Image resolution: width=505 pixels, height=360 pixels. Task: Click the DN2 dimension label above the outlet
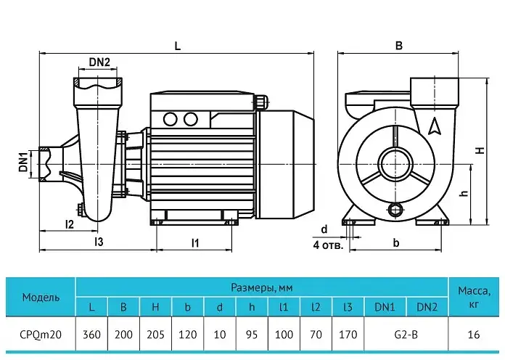click(99, 62)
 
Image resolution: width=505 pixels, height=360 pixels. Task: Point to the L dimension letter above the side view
click(178, 46)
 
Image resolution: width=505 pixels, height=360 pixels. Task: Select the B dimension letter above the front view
click(399, 46)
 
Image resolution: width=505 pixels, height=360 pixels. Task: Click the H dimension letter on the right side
click(480, 150)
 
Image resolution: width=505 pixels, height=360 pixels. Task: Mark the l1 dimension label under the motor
click(195, 242)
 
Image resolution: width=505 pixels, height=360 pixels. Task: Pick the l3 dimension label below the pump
click(99, 242)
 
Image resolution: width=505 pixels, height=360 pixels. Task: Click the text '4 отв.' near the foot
click(328, 245)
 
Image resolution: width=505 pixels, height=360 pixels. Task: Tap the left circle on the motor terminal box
click(171, 119)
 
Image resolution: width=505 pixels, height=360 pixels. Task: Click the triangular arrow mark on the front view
click(435, 126)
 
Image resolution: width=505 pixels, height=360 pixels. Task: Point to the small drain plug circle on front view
click(395, 210)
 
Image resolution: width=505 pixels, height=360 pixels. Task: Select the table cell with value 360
click(91, 334)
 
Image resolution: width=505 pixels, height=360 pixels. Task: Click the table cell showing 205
click(155, 334)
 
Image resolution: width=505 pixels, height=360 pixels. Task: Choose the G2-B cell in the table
click(406, 334)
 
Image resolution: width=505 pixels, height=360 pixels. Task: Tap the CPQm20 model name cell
click(41, 334)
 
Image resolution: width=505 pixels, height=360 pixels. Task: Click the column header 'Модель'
click(41, 297)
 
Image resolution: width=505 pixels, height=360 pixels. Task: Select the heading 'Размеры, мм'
click(262, 287)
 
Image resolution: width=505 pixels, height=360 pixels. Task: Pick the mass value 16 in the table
click(473, 334)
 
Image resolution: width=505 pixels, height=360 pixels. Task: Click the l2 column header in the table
click(316, 307)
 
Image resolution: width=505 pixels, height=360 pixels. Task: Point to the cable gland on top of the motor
click(261, 102)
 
